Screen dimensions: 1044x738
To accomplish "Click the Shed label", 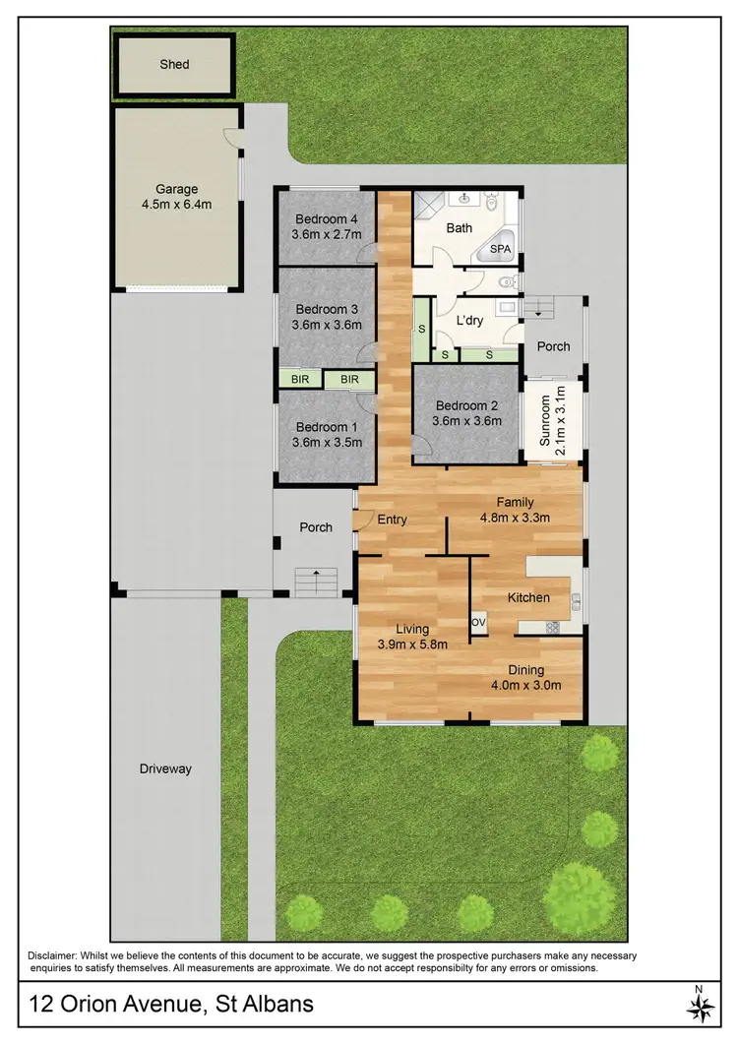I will point(174,65).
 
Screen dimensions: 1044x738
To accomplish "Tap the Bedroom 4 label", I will point(328,218).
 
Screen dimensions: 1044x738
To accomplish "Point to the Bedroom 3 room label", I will point(328,308).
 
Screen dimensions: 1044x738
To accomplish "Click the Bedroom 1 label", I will point(328,427).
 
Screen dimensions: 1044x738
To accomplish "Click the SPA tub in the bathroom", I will point(500,249).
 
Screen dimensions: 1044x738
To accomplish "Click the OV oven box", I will point(479,623).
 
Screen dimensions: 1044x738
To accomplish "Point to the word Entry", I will point(392,520).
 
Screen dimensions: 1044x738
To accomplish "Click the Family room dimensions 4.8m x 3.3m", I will point(514,518).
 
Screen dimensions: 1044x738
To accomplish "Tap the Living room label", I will point(412,629).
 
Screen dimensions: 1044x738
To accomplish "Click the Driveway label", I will point(164,768).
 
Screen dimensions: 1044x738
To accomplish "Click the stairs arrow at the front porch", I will point(315,572).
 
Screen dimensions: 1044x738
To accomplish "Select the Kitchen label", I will point(528,597).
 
